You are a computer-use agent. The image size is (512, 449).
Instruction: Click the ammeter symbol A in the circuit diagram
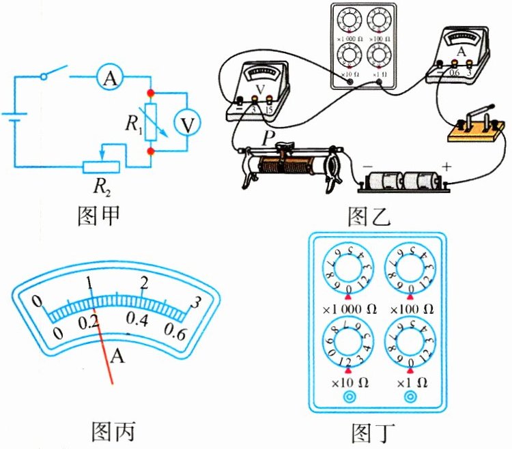[x=108, y=79]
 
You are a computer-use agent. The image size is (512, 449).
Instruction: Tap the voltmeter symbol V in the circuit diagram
[x=184, y=124]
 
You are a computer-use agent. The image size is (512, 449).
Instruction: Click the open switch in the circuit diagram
[x=55, y=73]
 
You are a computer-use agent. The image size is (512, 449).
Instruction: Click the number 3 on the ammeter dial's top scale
[x=197, y=302]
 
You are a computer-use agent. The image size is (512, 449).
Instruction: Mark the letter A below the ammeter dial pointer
[x=119, y=356]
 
